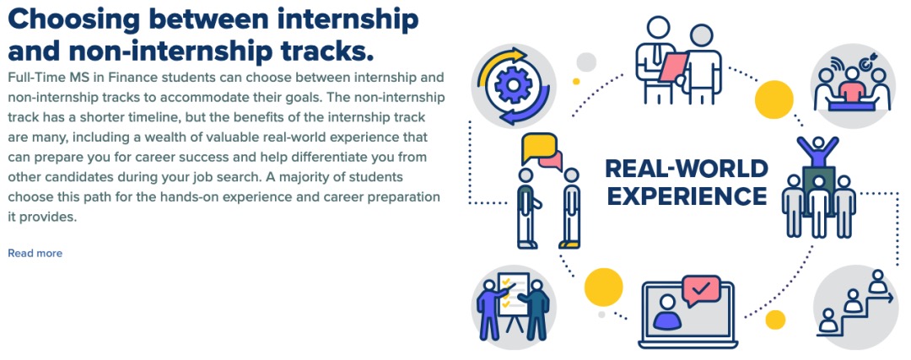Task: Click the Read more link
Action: pos(35,253)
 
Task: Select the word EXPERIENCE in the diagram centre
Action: pos(687,196)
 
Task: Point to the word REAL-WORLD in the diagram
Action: pos(687,169)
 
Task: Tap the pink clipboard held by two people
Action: pos(673,67)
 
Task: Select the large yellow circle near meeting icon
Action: pos(774,99)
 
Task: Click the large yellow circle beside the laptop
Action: pos(604,287)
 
